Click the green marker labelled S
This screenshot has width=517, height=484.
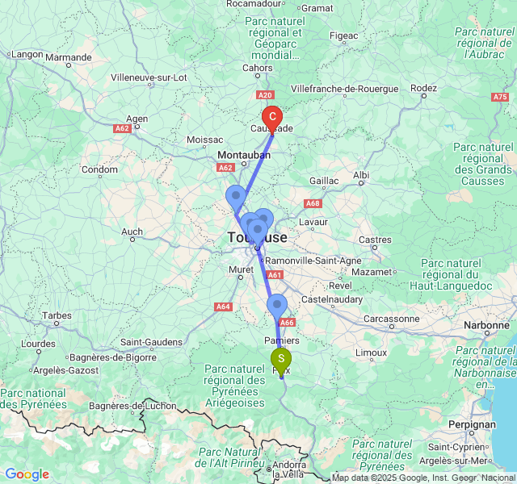click(x=281, y=359)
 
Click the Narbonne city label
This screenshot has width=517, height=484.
click(x=484, y=325)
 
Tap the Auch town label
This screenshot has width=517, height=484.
click(x=132, y=232)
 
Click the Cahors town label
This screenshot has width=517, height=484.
click(x=258, y=68)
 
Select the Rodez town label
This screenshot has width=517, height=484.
click(x=423, y=88)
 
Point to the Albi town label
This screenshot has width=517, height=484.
click(x=360, y=175)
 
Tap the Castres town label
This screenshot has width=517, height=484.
click(x=375, y=240)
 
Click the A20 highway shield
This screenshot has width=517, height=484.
click(x=270, y=94)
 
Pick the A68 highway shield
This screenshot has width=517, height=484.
click(x=313, y=203)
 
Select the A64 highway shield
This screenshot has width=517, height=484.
click(x=223, y=307)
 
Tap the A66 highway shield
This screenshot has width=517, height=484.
click(x=288, y=323)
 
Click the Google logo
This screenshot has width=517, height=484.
click(x=27, y=474)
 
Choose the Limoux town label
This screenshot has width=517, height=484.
click(x=371, y=353)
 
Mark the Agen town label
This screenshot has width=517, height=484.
click(x=137, y=118)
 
